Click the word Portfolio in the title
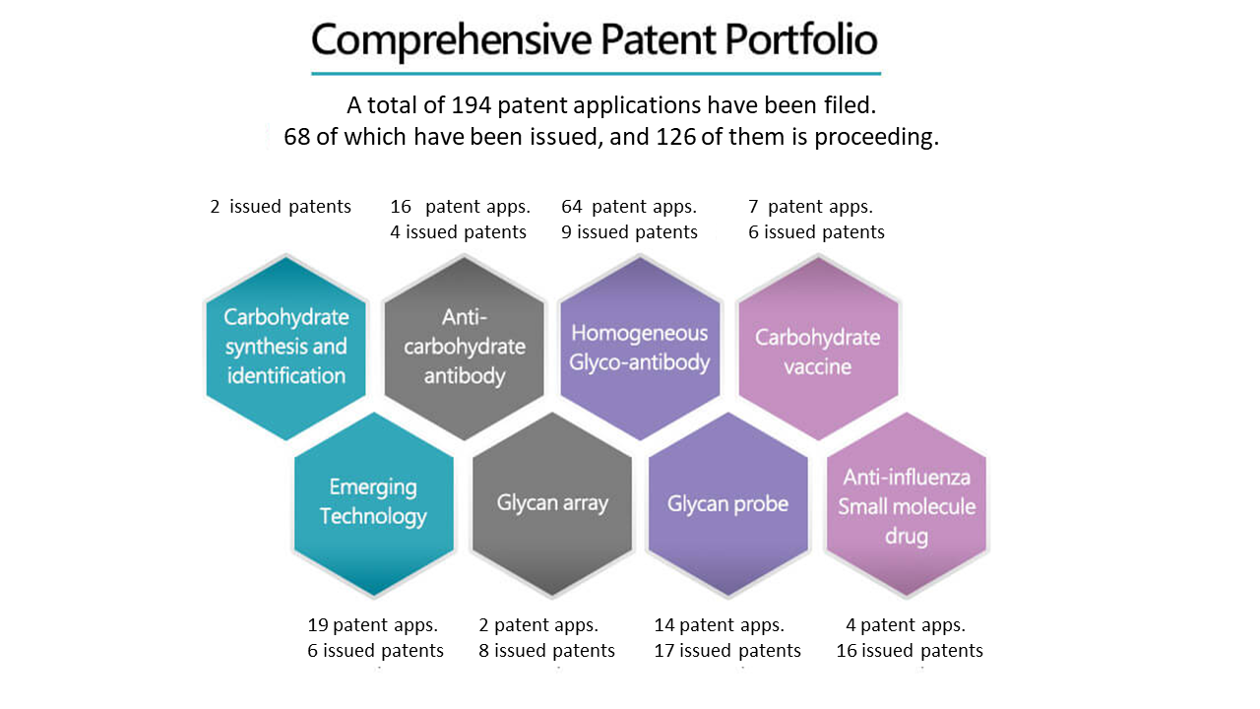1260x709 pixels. [x=801, y=39]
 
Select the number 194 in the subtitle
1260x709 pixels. [x=472, y=105]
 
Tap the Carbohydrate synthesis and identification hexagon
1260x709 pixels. [x=286, y=348]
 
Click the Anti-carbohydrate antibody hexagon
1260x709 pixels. [x=464, y=348]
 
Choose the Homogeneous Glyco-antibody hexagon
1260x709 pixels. [x=640, y=348]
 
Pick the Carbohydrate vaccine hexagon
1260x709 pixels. [x=818, y=348]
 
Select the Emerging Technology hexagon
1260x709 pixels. [x=374, y=503]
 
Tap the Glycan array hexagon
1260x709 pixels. [x=552, y=503]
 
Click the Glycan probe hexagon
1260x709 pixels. [x=728, y=503]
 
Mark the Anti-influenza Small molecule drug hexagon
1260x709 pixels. [x=907, y=503]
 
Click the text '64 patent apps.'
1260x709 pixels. [x=629, y=207]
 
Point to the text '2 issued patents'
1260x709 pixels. [x=281, y=207]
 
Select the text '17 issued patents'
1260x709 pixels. [x=727, y=651]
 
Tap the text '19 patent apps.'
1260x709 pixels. [x=372, y=625]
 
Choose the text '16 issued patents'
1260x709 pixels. [x=910, y=651]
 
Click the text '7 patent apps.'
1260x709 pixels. [x=810, y=207]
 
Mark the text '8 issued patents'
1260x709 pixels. [x=546, y=651]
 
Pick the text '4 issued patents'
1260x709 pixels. [x=459, y=231]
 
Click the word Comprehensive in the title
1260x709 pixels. [x=451, y=40]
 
